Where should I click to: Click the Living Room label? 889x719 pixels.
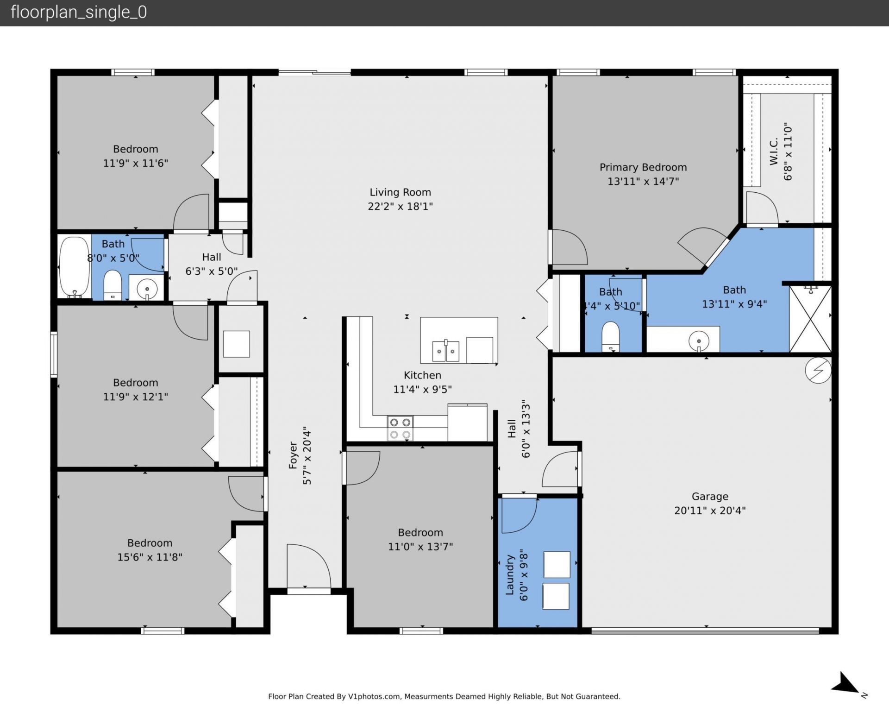(400, 192)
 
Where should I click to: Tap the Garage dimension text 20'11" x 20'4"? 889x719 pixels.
(709, 511)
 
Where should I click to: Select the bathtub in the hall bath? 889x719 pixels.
(75, 267)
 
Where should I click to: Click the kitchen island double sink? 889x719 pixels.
(445, 351)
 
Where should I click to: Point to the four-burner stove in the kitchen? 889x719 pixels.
(400, 429)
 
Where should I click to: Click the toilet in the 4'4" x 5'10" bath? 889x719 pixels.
(611, 337)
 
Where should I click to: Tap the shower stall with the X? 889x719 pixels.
(810, 319)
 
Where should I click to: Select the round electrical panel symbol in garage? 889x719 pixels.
(818, 370)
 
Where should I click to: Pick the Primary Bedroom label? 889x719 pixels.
(643, 167)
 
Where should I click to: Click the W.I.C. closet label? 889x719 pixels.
(774, 151)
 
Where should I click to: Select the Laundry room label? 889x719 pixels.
(510, 574)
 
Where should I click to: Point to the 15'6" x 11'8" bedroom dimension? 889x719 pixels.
(150, 557)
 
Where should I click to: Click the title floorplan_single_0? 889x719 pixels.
(79, 12)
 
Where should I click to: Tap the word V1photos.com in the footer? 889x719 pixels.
(374, 696)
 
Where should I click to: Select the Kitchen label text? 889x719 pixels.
(422, 375)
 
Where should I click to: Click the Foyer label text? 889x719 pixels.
(293, 455)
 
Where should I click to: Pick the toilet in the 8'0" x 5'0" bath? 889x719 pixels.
(112, 286)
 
